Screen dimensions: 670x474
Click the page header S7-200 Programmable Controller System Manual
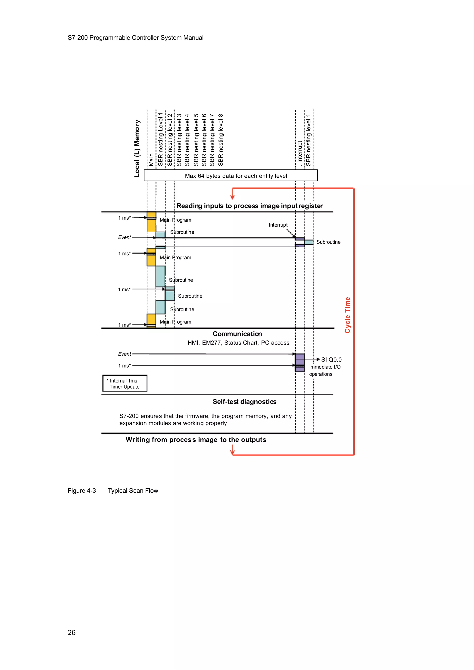pyautogui.click(x=136, y=38)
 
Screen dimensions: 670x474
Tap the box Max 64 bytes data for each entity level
pyautogui.click(x=231, y=176)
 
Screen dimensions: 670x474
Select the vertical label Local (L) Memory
pyautogui.click(x=137, y=148)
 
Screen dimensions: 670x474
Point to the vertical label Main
pyautogui.click(x=151, y=160)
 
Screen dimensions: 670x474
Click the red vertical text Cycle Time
pyautogui.click(x=347, y=315)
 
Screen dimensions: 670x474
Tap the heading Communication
pyautogui.click(x=237, y=334)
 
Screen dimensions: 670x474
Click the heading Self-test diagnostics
pyautogui.click(x=244, y=402)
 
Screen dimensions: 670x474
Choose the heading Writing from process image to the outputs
pyautogui.click(x=196, y=439)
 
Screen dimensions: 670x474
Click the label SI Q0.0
pyautogui.click(x=331, y=360)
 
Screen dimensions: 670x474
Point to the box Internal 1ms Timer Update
pyautogui.click(x=125, y=384)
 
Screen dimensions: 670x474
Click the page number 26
pyautogui.click(x=72, y=632)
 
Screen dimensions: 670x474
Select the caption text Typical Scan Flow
pyautogui.click(x=133, y=491)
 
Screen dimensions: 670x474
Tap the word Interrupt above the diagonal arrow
pyautogui.click(x=278, y=225)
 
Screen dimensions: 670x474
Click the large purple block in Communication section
pyautogui.click(x=300, y=360)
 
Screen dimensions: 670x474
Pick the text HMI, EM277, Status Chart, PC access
pyautogui.click(x=238, y=343)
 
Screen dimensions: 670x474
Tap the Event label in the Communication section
pyautogui.click(x=125, y=354)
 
